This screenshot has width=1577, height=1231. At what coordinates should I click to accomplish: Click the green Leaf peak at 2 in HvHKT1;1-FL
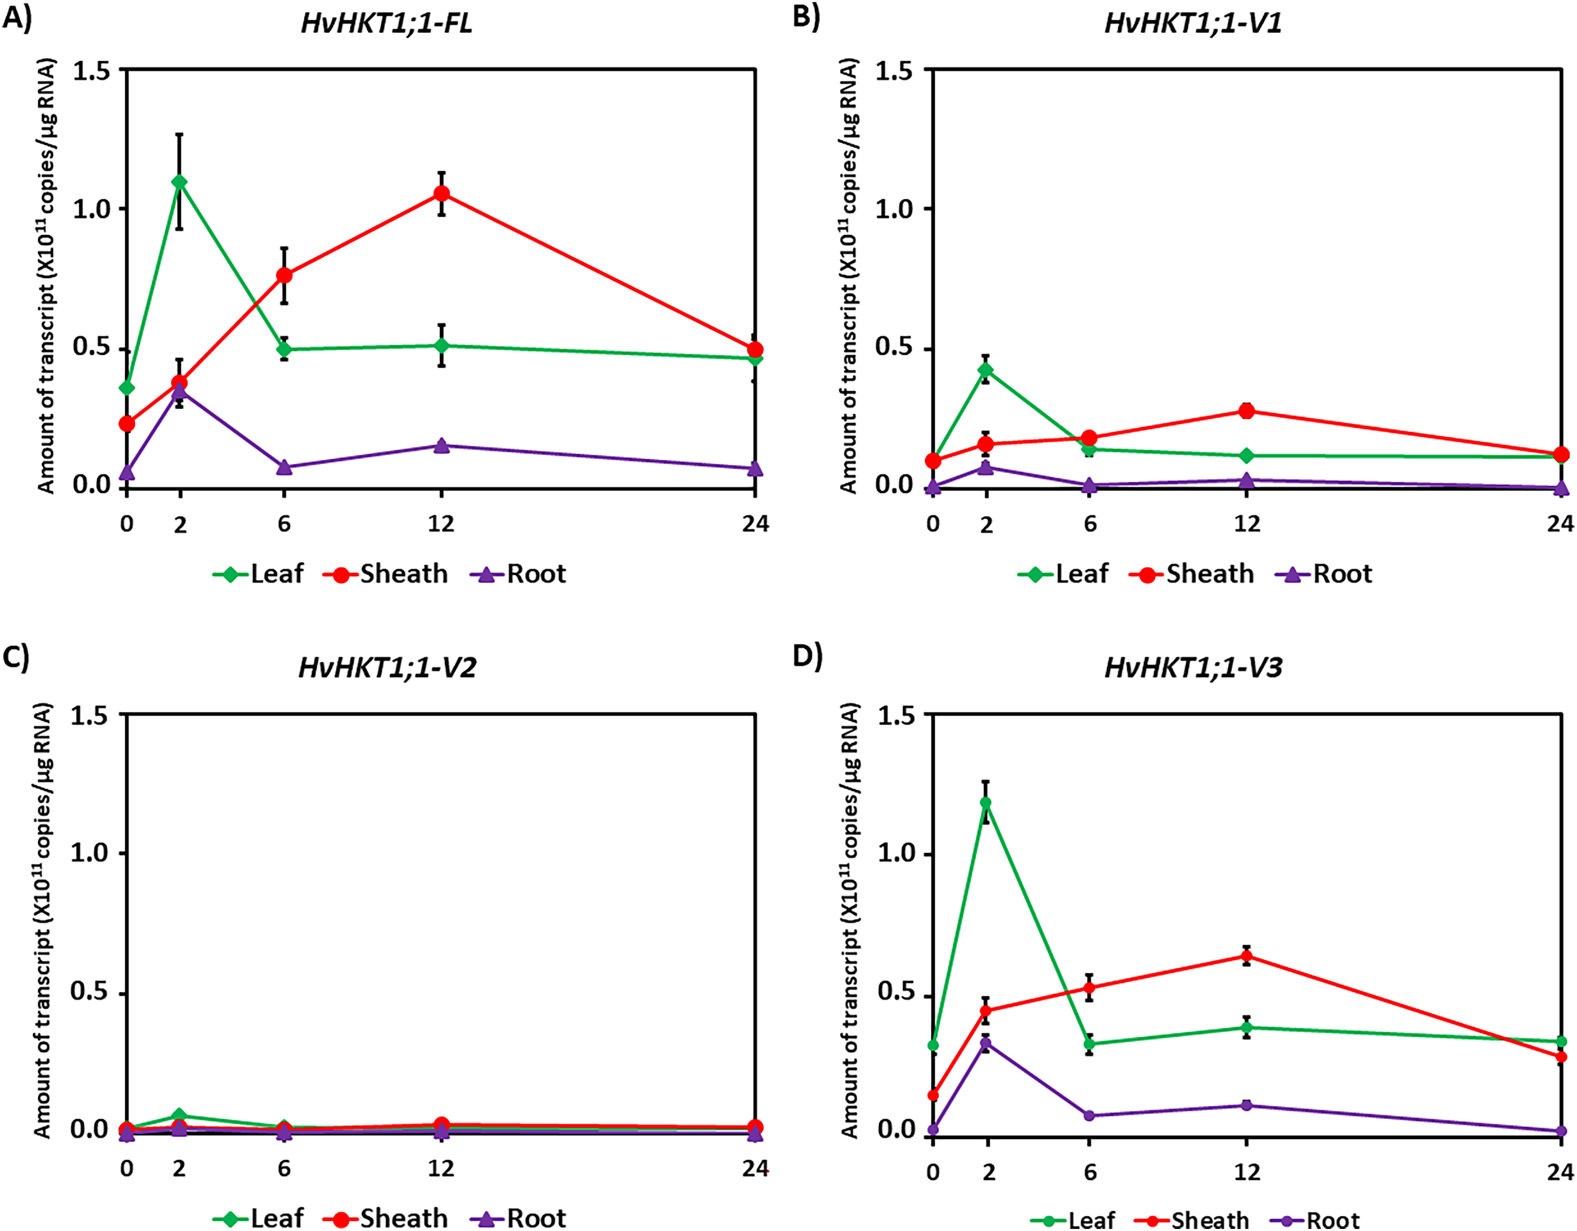tap(180, 182)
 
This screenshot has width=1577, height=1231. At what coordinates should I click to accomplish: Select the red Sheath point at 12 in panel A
tap(441, 194)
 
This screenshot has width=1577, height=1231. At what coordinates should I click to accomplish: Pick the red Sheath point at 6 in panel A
tap(284, 275)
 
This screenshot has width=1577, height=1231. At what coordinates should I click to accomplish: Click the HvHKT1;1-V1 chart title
tap(1193, 24)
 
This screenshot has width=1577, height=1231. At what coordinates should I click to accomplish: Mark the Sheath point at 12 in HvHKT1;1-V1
tap(1246, 411)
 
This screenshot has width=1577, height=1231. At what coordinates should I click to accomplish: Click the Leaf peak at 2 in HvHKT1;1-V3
tap(986, 802)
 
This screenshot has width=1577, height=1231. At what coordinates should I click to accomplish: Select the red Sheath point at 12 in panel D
tap(1246, 956)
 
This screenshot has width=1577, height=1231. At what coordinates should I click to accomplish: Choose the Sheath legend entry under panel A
tap(386, 574)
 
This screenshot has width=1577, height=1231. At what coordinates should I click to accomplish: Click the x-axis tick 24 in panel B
tap(1560, 523)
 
